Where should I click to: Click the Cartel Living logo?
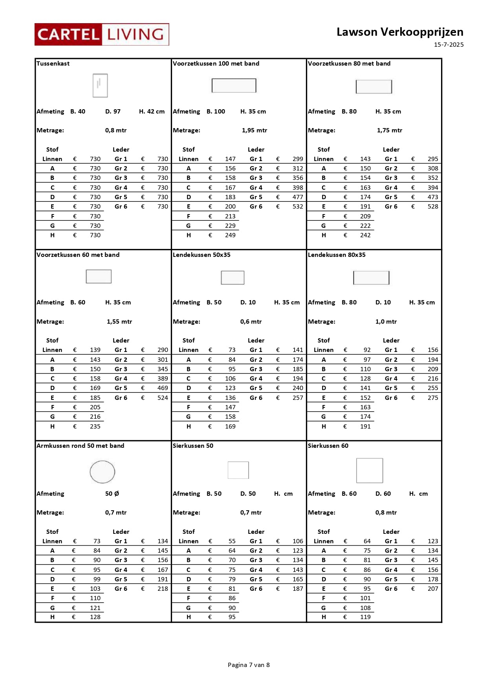102,35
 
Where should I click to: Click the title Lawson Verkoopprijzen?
399,32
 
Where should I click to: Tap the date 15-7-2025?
449,45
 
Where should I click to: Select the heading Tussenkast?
53,64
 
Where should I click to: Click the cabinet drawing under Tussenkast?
100,86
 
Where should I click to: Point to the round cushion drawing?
103,472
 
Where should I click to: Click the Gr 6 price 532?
298,207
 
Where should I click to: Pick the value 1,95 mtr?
254,130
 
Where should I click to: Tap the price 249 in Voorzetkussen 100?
230,235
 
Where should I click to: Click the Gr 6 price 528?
433,207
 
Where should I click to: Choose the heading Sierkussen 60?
328,446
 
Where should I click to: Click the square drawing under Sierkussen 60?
370,471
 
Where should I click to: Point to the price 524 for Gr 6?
163,398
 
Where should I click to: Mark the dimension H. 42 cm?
152,112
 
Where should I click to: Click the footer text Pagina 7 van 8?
249,665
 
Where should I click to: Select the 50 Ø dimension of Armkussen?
112,494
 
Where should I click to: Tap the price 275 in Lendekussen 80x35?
433,398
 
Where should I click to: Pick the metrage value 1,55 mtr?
119,322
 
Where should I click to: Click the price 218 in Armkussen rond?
163,589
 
